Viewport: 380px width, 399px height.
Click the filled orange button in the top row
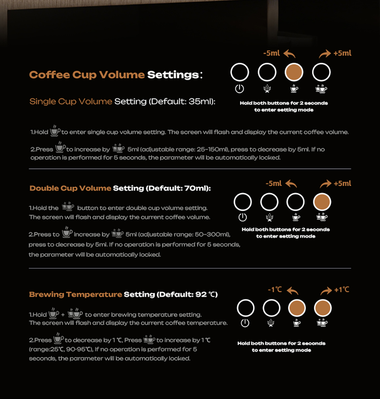(x=294, y=72)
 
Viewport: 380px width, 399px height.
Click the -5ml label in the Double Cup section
(x=274, y=184)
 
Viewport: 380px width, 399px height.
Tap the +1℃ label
(x=342, y=290)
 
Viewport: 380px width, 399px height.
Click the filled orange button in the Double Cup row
(x=322, y=202)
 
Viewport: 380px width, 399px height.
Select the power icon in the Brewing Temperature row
(x=245, y=323)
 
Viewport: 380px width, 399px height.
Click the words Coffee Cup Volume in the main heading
(x=87, y=74)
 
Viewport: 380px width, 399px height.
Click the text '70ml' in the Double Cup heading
(x=196, y=188)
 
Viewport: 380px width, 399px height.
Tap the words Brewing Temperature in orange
(x=76, y=294)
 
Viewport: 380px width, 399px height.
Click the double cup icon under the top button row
(x=321, y=89)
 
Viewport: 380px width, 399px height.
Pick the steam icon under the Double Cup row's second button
(x=269, y=218)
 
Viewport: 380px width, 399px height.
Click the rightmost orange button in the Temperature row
(x=323, y=308)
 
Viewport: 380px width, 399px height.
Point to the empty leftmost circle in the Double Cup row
(x=242, y=202)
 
